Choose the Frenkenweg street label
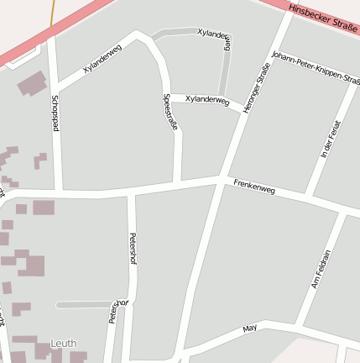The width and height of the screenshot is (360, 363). (x=254, y=187)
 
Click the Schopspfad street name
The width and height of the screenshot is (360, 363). (x=55, y=113)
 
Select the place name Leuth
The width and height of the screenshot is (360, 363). (x=63, y=344)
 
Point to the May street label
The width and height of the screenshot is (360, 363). (x=248, y=329)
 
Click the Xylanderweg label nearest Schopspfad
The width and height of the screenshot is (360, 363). (x=102, y=59)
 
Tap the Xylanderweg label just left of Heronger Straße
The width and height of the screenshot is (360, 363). (x=206, y=99)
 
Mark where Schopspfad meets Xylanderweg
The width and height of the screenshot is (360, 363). (x=55, y=87)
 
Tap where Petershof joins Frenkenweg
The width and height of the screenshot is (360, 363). (x=131, y=191)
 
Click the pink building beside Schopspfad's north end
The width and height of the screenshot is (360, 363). (x=32, y=83)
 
